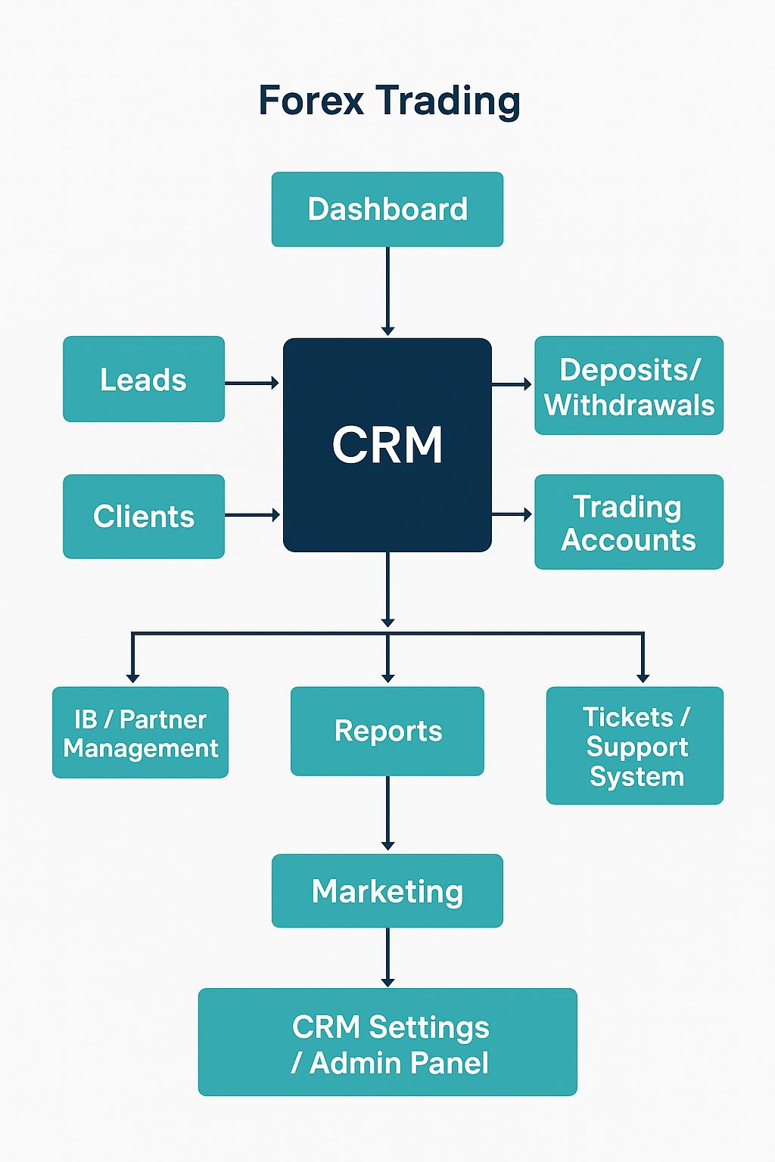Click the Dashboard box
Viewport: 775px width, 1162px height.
(x=387, y=210)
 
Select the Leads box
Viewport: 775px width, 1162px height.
(x=144, y=379)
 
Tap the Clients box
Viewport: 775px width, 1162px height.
(x=144, y=517)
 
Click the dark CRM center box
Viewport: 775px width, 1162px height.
(x=387, y=445)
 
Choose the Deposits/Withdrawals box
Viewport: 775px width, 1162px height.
(x=629, y=386)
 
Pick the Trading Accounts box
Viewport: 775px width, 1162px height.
(x=629, y=522)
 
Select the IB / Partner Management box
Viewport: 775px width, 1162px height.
(x=140, y=732)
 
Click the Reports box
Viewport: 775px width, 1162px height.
(x=387, y=731)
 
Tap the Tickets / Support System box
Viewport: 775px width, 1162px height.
(x=635, y=746)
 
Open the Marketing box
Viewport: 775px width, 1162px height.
(x=387, y=891)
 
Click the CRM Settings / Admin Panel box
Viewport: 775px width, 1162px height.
(x=387, y=1042)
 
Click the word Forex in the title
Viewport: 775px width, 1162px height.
(x=311, y=101)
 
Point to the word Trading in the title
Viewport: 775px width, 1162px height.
(x=448, y=101)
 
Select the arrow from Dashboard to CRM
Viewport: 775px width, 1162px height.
(x=387, y=291)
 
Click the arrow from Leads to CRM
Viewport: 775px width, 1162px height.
(x=253, y=384)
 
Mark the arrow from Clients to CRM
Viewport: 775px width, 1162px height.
(x=253, y=515)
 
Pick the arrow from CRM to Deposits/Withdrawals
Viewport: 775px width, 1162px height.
(x=512, y=384)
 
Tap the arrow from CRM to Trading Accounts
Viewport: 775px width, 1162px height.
(x=512, y=514)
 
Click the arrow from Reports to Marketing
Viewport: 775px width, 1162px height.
(x=387, y=814)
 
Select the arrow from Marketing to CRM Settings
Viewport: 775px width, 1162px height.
(x=387, y=958)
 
